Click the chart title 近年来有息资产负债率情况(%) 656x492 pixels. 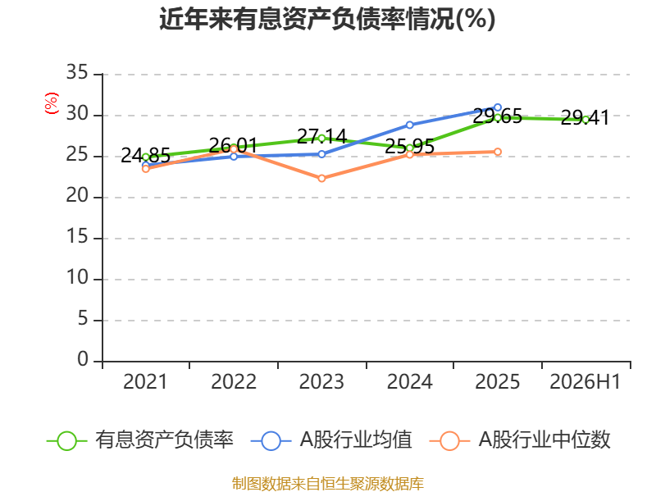(327, 19)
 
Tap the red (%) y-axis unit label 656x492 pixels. (52, 103)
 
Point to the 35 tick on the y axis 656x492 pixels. (77, 72)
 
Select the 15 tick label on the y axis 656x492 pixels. (77, 237)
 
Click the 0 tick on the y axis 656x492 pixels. (83, 359)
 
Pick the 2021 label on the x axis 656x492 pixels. (145, 381)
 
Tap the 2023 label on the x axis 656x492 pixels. (321, 381)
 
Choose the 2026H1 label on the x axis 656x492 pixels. (585, 381)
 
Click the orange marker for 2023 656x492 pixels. (321, 178)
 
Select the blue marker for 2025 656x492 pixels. (498, 107)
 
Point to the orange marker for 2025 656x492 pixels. (498, 152)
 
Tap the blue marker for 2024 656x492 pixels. (409, 125)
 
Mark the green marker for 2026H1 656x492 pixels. (585, 120)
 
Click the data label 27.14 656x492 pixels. (321, 136)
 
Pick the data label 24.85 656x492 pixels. (146, 156)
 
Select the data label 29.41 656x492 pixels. (585, 117)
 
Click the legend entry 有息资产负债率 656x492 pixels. (139, 440)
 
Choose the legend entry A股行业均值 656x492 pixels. (331, 440)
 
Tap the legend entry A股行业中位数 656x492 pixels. (520, 440)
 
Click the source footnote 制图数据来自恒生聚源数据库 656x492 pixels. (327, 484)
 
